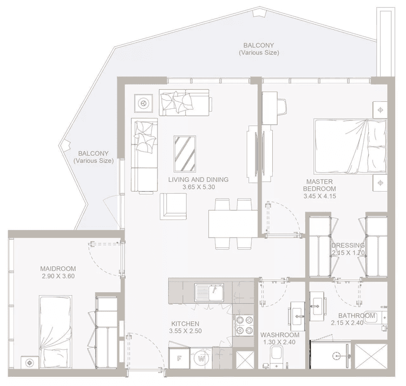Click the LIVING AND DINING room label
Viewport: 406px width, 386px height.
pos(198,180)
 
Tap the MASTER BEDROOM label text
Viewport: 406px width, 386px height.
pos(319,185)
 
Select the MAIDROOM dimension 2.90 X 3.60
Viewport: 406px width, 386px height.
pos(58,276)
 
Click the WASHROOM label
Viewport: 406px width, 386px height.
pos(280,335)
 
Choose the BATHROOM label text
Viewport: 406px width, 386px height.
pos(357,316)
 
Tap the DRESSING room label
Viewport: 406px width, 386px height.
pos(348,245)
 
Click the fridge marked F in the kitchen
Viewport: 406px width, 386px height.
pos(178,358)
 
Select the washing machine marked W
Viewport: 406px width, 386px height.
pos(201,358)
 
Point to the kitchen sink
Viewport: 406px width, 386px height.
pos(209,293)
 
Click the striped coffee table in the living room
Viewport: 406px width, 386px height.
pos(185,153)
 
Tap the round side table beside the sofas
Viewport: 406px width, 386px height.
pos(145,102)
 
